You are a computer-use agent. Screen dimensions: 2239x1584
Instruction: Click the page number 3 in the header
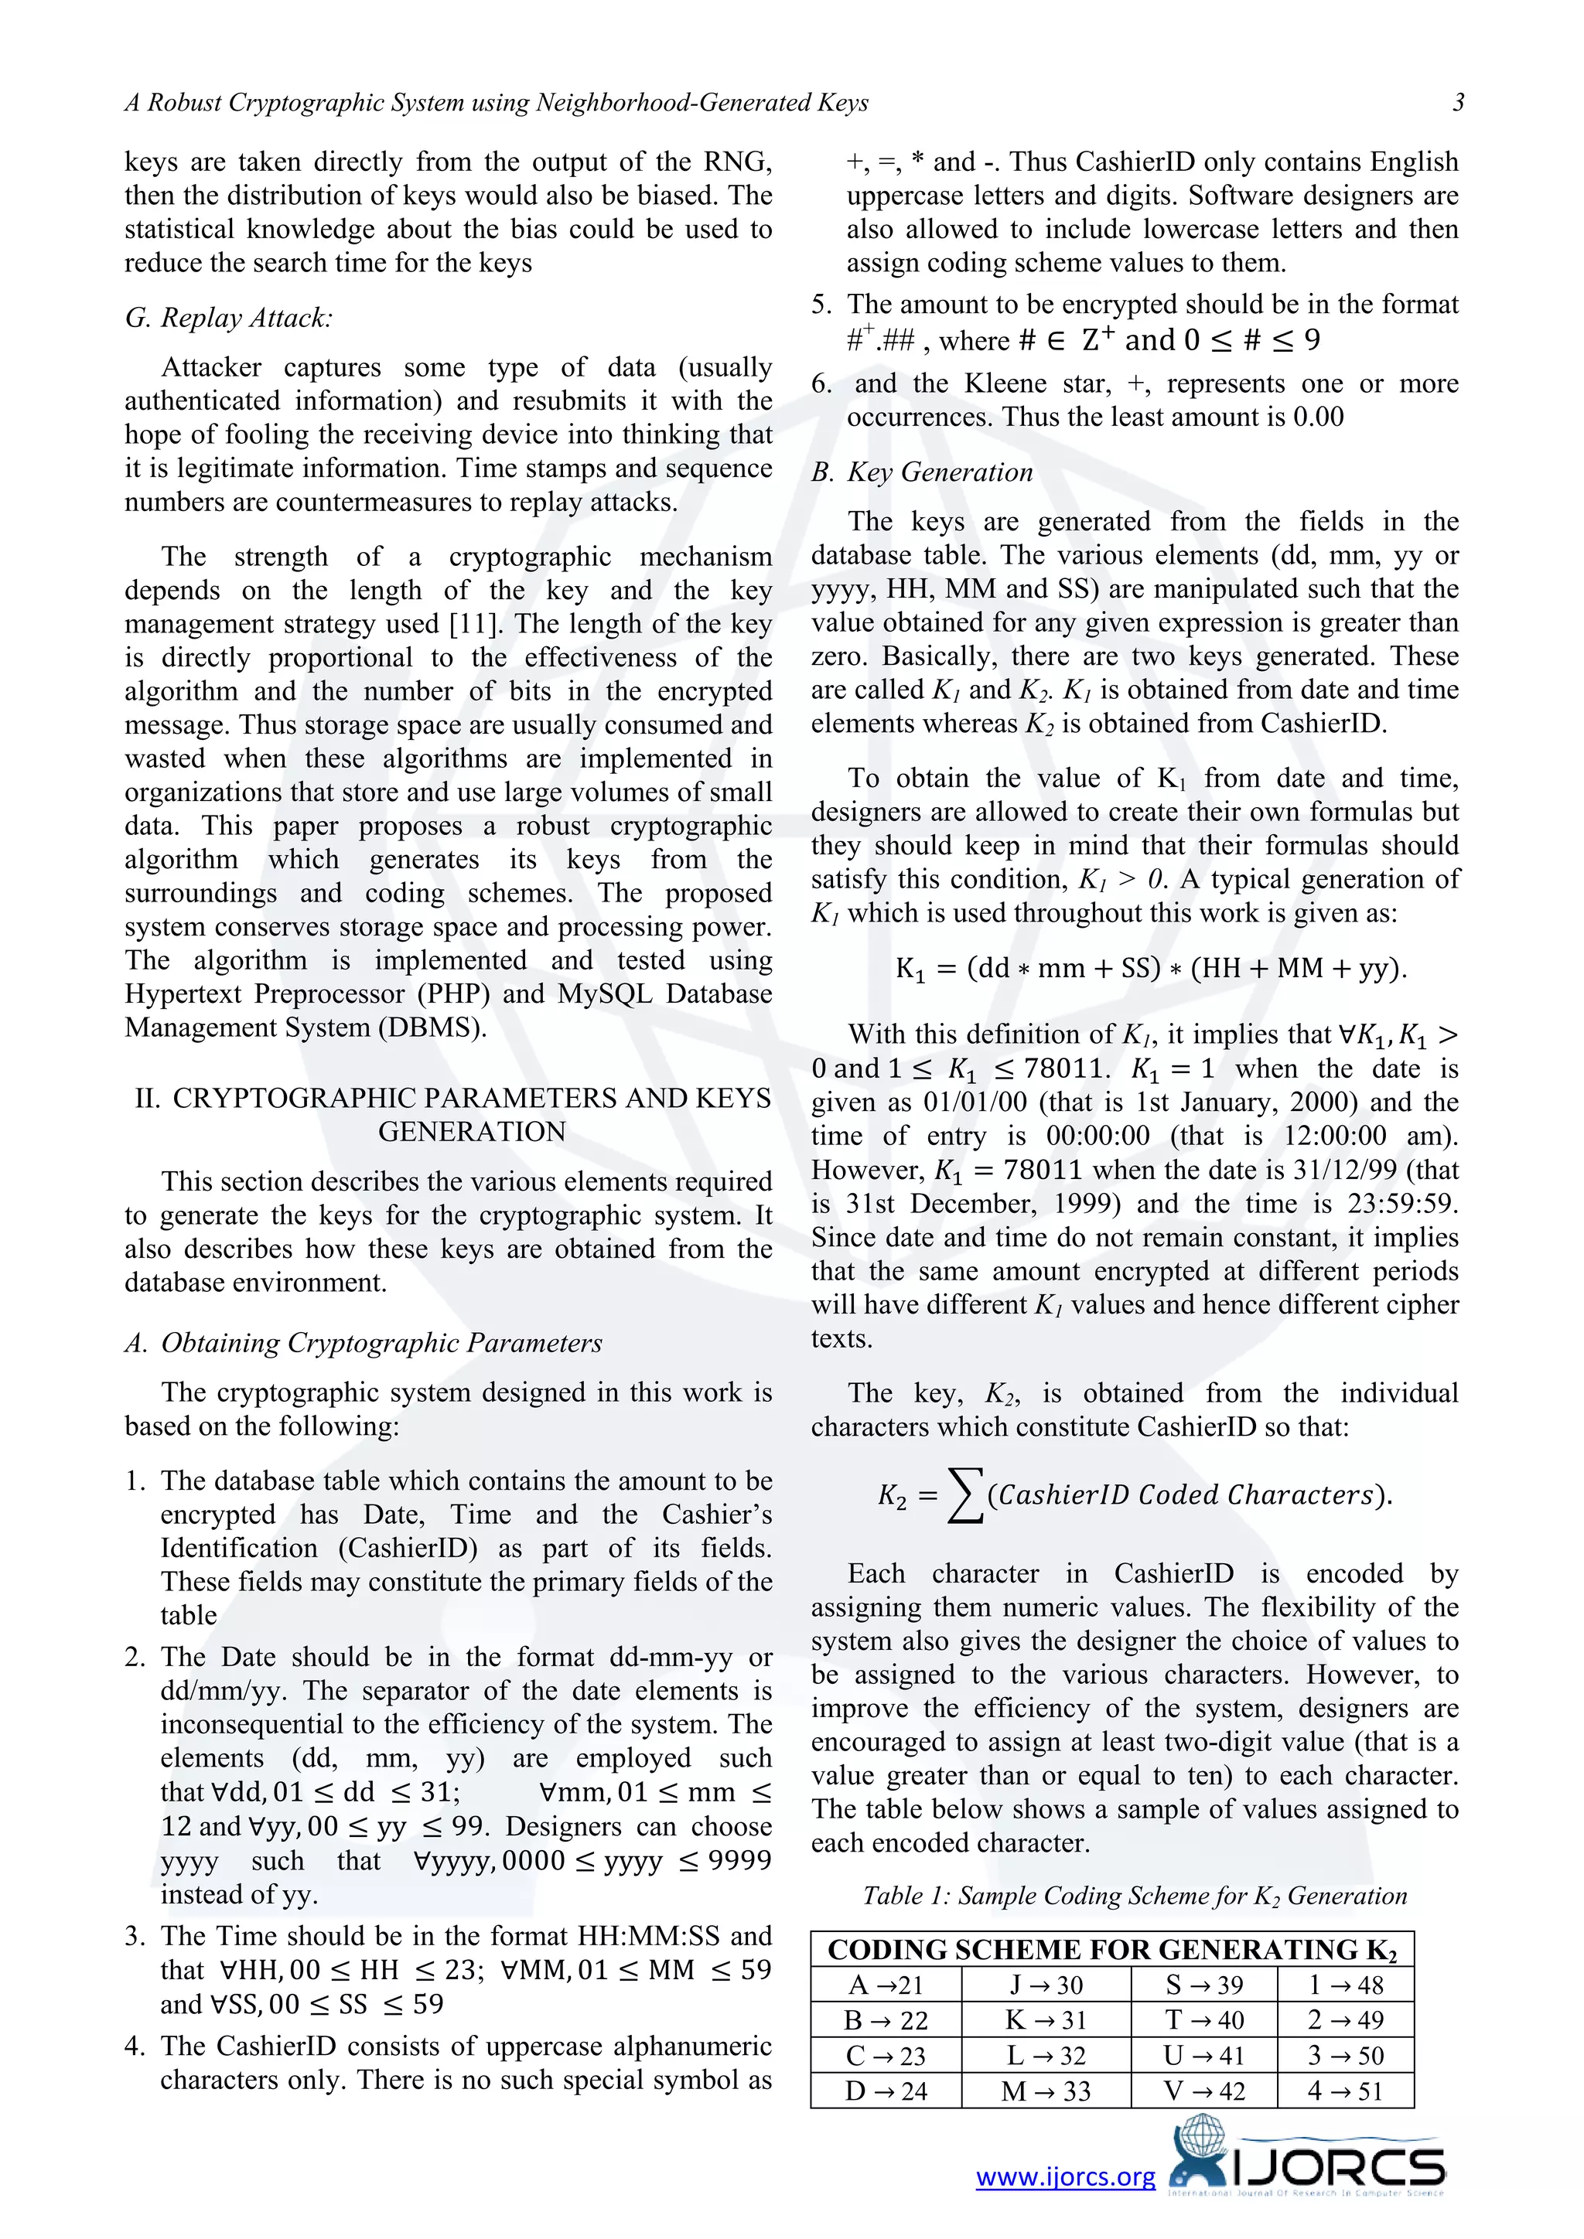tap(1457, 102)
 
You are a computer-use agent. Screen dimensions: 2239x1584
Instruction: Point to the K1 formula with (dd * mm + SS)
tap(1151, 968)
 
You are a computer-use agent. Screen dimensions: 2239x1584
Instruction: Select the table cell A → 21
tap(886, 1985)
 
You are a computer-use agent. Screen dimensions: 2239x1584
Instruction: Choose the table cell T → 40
tap(1203, 2019)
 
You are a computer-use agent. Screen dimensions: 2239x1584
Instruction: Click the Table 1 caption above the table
tap(1135, 1895)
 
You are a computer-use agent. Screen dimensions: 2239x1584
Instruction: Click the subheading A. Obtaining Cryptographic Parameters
tap(364, 1343)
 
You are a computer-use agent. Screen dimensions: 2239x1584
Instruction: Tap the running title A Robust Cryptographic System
tap(497, 102)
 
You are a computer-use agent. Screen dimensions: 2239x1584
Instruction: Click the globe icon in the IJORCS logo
tap(1203, 2139)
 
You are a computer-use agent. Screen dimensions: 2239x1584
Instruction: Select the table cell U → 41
tap(1203, 2056)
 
